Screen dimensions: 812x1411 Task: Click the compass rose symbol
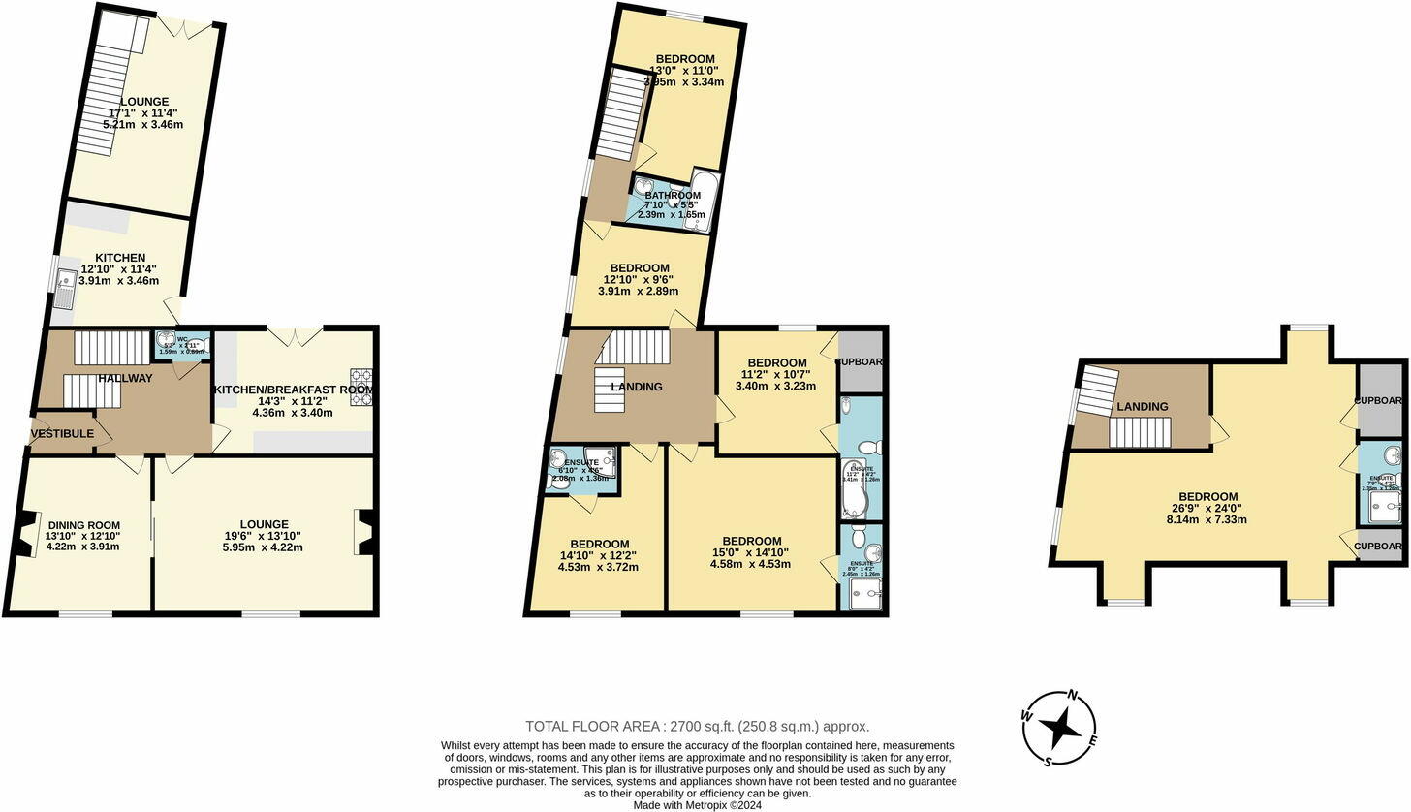(x=1061, y=727)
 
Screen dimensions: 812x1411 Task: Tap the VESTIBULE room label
(x=62, y=434)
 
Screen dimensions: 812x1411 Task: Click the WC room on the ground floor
(x=182, y=345)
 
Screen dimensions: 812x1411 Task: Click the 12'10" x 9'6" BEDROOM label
(x=640, y=268)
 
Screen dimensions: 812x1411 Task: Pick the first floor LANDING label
(x=637, y=388)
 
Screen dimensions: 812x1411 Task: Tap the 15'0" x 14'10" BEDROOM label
(x=751, y=541)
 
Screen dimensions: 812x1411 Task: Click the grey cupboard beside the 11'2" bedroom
(x=861, y=361)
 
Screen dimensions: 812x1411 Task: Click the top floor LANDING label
(x=1142, y=407)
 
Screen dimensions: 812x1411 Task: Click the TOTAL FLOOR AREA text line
(x=697, y=726)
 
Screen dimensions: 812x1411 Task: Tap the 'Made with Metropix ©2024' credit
(x=697, y=805)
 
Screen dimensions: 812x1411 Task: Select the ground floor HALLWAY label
(x=125, y=378)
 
